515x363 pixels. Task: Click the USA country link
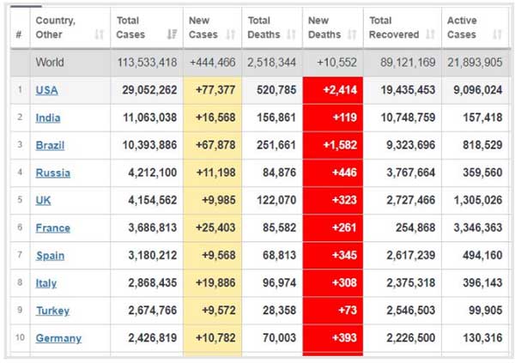click(47, 90)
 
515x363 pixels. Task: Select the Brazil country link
click(50, 145)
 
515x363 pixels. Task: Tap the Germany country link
click(58, 338)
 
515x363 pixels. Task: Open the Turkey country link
click(52, 311)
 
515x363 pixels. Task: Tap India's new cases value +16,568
click(211, 118)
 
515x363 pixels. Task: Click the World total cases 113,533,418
click(146, 63)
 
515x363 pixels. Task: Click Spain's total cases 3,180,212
click(148, 256)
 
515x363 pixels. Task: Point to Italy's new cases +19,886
click(211, 283)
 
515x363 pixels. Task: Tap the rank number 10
click(19, 338)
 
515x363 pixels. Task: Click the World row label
click(50, 63)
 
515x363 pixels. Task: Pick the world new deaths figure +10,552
click(335, 63)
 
